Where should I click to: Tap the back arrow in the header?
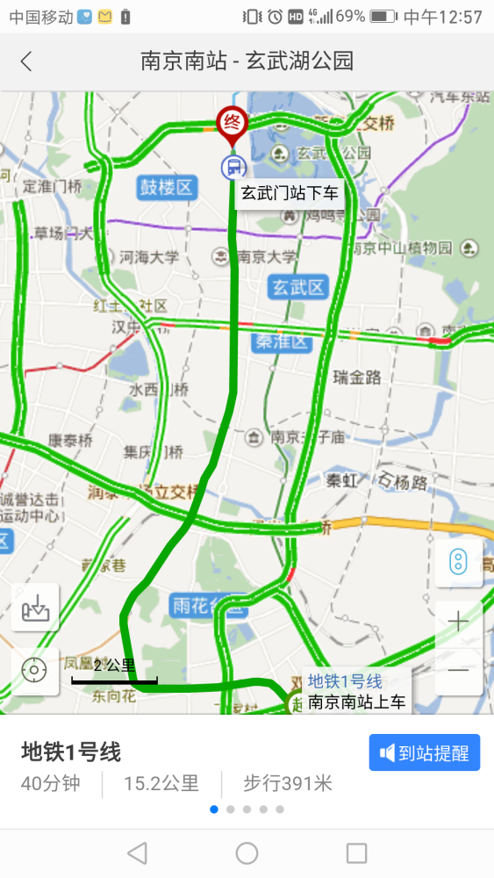[x=26, y=61]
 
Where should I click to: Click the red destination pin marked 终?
[x=233, y=123]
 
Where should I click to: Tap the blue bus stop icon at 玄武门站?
[x=233, y=166]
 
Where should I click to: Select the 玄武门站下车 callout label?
[x=290, y=192]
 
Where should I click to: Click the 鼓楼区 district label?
[x=166, y=187]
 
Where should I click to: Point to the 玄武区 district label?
[x=298, y=287]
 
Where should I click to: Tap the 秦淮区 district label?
[x=283, y=342]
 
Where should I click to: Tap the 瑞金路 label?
[x=357, y=378]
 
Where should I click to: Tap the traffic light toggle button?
[x=458, y=563]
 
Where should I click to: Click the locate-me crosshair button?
[x=35, y=671]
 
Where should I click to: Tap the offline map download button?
[x=35, y=607]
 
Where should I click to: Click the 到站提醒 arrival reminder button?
[x=425, y=752]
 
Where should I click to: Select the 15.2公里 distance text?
[x=161, y=783]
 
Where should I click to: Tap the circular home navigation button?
[x=247, y=853]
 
